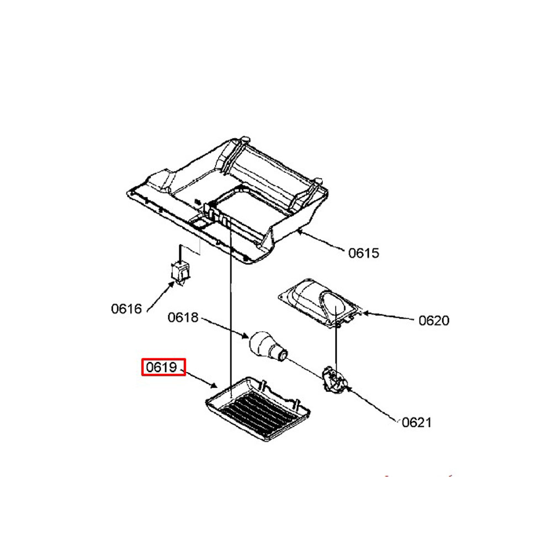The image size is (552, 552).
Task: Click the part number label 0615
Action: coord(364,253)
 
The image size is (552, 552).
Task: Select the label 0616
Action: coord(126,309)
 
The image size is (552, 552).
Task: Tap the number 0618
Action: coord(183,317)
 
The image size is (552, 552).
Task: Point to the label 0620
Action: coord(434,321)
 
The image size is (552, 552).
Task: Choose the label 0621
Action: coord(416,422)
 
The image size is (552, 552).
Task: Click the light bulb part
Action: coord(268,346)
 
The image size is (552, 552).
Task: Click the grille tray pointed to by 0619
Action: coord(258,410)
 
